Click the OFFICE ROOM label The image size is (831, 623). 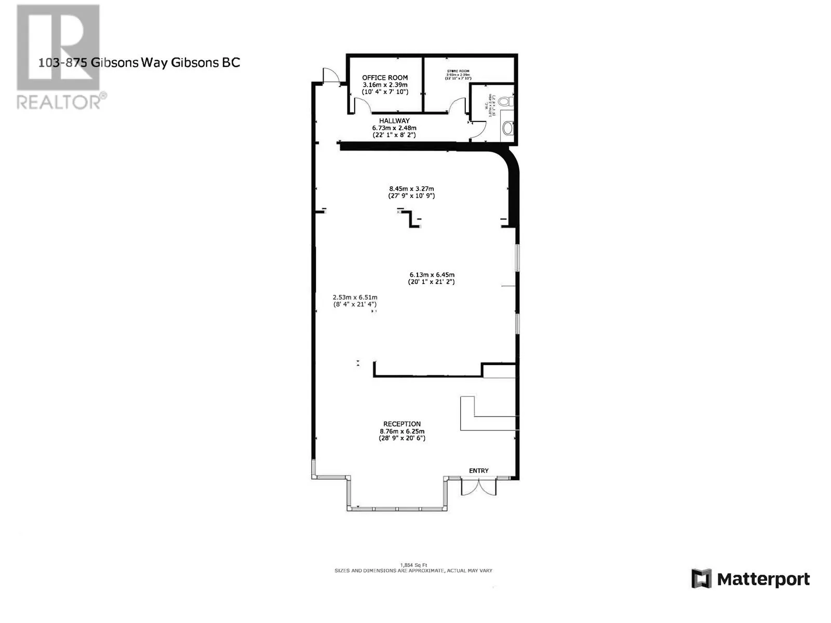pyautogui.click(x=385, y=78)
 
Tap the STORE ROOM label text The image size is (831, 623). pyautogui.click(x=458, y=71)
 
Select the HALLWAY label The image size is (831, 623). pyautogui.click(x=394, y=121)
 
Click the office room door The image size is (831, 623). pyautogui.click(x=363, y=105)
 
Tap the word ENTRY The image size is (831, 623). pyautogui.click(x=479, y=471)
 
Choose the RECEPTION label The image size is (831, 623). pyautogui.click(x=402, y=424)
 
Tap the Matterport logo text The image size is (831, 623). pyautogui.click(x=763, y=579)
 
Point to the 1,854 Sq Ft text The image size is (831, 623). pyautogui.click(x=413, y=565)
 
